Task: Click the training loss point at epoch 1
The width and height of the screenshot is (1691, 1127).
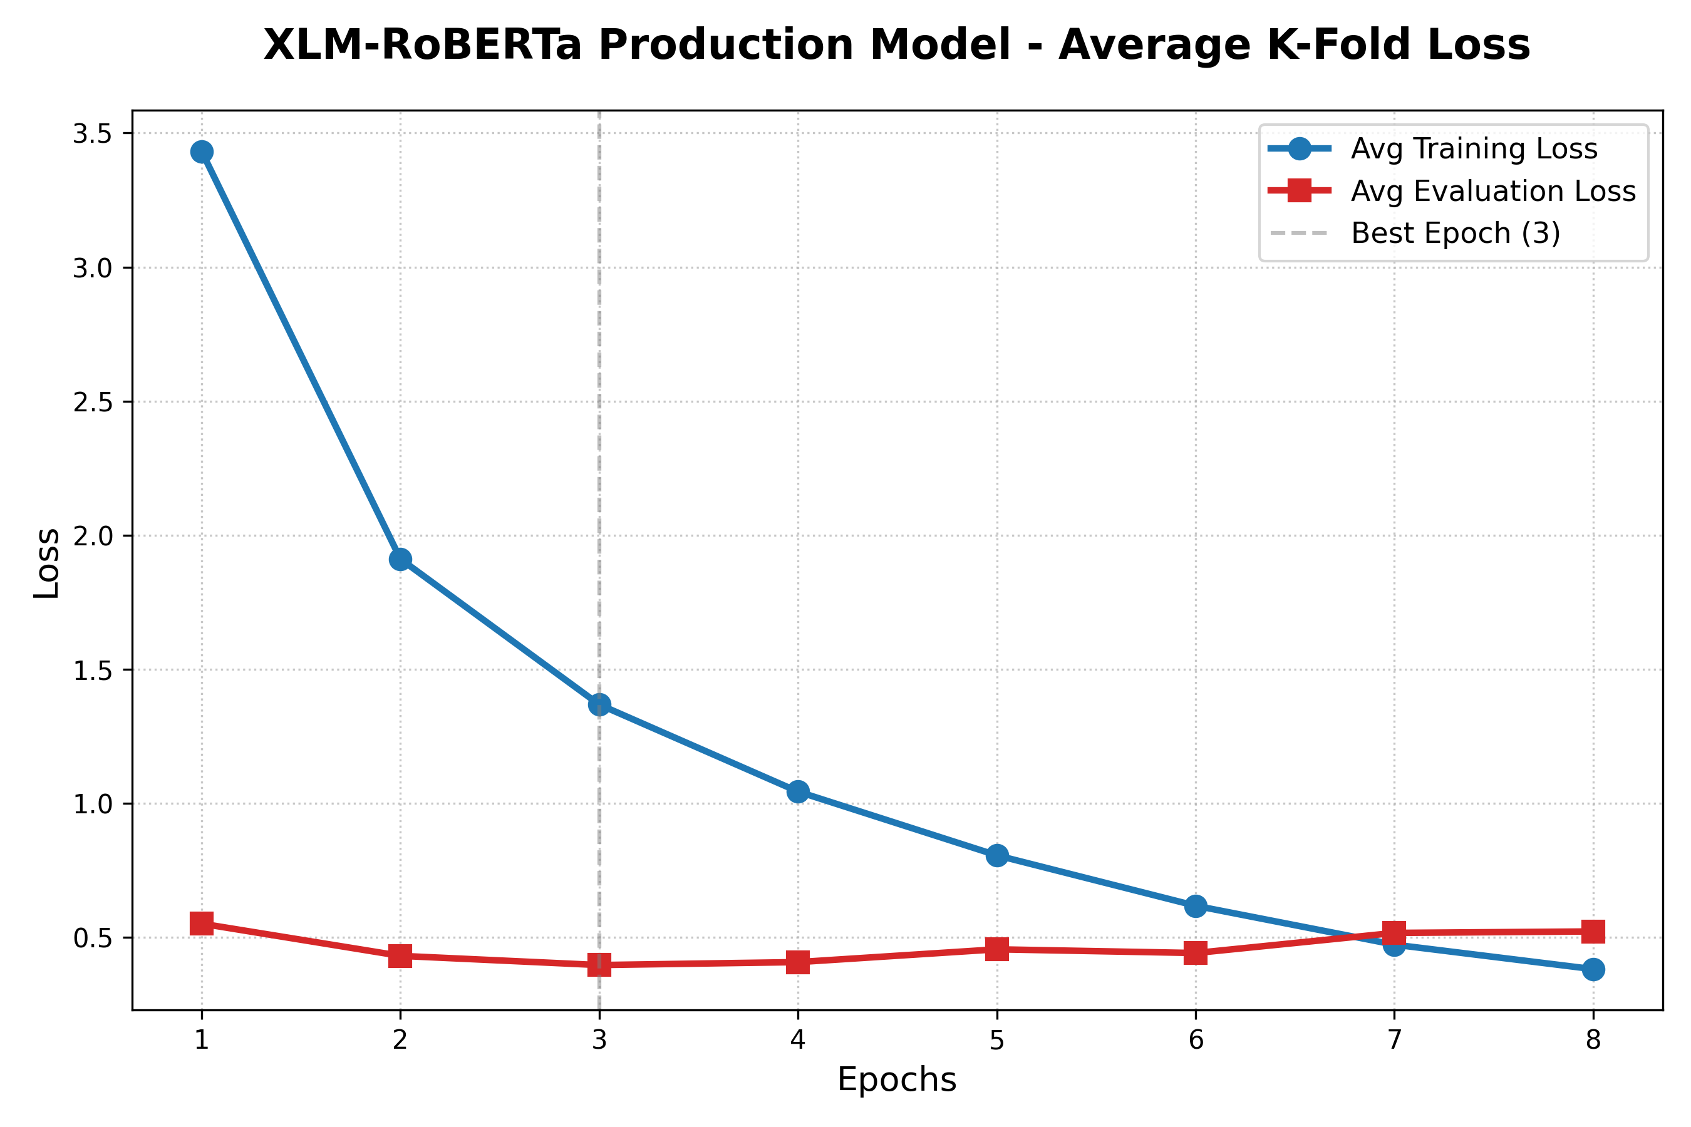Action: [x=201, y=152]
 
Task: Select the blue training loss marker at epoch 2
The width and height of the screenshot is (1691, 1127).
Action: [x=400, y=559]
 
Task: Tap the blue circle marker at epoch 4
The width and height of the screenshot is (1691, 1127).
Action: [x=797, y=792]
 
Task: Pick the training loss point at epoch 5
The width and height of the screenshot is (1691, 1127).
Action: [x=996, y=855]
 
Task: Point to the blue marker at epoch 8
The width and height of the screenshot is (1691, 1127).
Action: [x=1593, y=969]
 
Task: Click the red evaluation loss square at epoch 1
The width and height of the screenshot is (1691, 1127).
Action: [x=201, y=924]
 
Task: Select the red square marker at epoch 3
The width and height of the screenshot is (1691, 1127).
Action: [x=599, y=965]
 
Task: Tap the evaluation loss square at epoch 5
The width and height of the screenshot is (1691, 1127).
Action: [x=996, y=949]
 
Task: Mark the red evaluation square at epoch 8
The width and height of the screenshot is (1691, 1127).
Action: [x=1593, y=932]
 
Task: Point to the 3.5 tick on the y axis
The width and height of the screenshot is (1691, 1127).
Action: [x=93, y=134]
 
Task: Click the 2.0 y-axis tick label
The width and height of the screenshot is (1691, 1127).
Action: [x=93, y=536]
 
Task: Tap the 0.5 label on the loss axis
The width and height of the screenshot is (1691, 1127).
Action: [x=93, y=939]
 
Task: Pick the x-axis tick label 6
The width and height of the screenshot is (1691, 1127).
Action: [x=1196, y=1040]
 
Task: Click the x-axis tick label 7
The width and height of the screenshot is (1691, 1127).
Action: [x=1394, y=1040]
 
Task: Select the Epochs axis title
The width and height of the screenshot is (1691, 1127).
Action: [x=897, y=1080]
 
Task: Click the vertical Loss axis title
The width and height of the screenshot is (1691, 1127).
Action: [x=48, y=563]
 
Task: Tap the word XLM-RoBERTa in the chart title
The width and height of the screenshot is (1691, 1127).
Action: [x=422, y=44]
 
